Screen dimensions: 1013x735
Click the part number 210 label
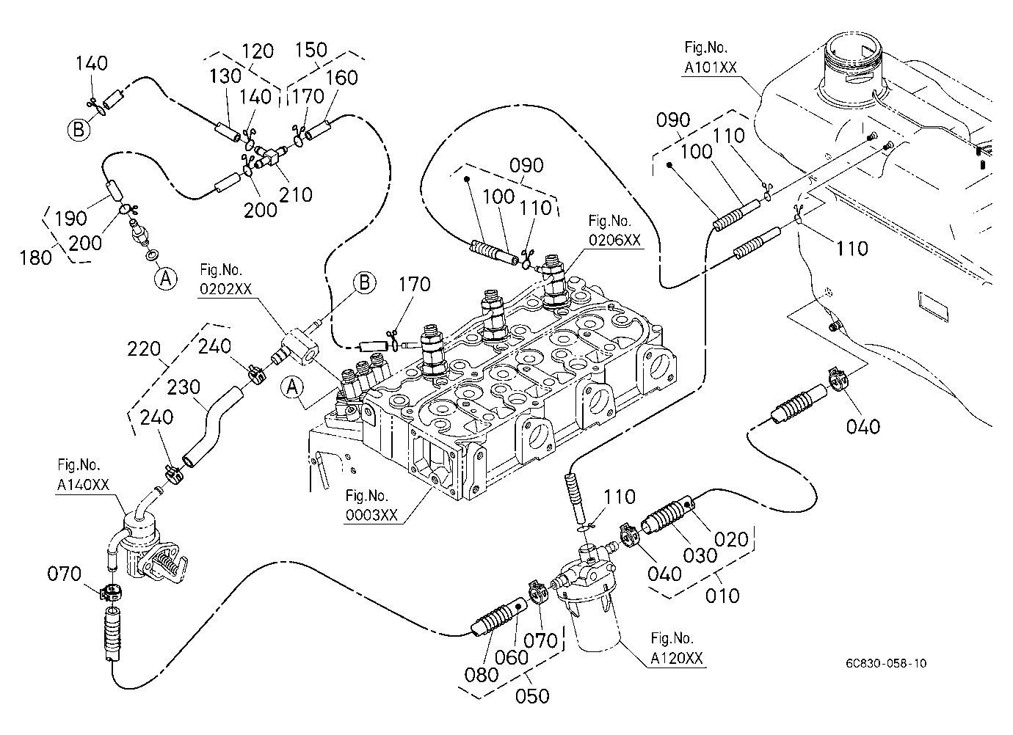296,195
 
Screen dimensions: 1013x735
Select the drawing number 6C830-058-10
886,663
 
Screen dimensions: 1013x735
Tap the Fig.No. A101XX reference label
710,57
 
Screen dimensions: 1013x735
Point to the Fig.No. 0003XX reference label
371,505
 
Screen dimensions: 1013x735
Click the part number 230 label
184,387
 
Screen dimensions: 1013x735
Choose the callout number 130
225,76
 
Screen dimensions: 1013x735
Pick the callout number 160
342,78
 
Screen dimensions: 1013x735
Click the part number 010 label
722,596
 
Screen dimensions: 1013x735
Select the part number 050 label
532,696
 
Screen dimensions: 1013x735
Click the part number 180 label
35,258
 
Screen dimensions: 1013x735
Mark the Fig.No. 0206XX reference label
614,230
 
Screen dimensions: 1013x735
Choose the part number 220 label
144,349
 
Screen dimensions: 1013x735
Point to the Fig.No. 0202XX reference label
225,279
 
